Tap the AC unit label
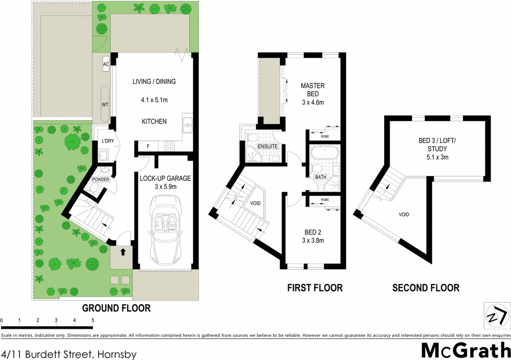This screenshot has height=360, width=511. pos(106,64)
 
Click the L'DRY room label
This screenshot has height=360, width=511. pos(107,141)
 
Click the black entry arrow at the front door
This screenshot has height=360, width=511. pos(123,252)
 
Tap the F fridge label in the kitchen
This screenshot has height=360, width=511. pos(148,147)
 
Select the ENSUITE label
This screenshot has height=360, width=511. pos(268,146)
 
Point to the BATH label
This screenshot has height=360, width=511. pos(321,177)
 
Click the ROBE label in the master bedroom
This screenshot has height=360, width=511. pos(325,137)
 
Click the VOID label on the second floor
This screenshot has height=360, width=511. pos(403,215)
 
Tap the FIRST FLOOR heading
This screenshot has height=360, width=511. pos(315,288)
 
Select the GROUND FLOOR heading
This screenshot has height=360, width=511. pos(117,308)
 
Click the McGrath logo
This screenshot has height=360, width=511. pos(466,350)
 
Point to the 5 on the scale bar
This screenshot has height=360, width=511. pos(92,320)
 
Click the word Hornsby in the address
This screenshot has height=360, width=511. pos(115,353)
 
